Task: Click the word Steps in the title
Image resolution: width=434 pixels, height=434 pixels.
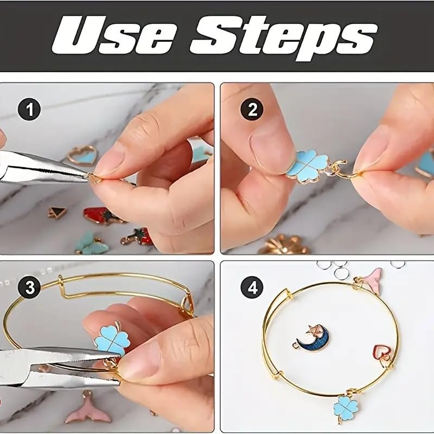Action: pyautogui.click(x=283, y=38)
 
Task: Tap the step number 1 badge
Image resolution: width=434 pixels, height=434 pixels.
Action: pyautogui.click(x=29, y=109)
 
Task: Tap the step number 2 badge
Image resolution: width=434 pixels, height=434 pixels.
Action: pyautogui.click(x=252, y=109)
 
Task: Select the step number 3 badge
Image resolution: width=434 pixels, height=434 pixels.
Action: pyautogui.click(x=29, y=288)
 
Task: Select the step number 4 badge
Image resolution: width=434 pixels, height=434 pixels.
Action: pyautogui.click(x=252, y=288)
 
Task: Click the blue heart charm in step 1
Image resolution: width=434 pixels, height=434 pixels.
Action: pyautogui.click(x=82, y=156)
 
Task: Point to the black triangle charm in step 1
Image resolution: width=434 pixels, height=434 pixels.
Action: pyautogui.click(x=58, y=212)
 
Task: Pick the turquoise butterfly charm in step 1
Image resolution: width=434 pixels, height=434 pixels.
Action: pyautogui.click(x=88, y=243)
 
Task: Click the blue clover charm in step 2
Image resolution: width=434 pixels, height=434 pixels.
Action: pyautogui.click(x=307, y=167)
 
